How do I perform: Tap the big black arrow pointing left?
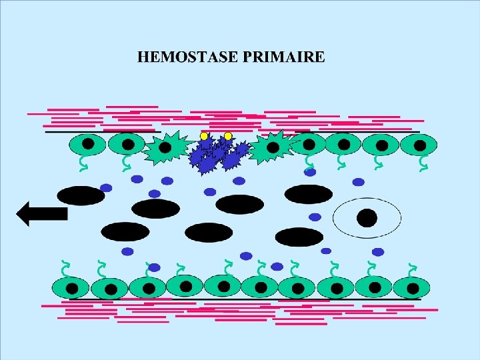(42, 213)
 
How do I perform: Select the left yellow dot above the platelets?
(204, 136)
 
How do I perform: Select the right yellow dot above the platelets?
(227, 136)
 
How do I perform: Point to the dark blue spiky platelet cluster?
(217, 154)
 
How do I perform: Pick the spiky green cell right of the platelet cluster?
(272, 147)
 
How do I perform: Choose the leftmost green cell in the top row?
(88, 144)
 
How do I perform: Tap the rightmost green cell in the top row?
(419, 144)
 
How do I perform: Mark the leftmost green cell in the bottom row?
(71, 288)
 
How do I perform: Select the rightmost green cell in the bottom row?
(411, 287)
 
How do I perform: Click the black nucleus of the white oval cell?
(367, 217)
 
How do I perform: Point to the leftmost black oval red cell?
(81, 195)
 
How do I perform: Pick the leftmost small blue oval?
(106, 188)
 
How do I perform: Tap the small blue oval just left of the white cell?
(315, 217)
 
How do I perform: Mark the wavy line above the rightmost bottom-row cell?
(412, 269)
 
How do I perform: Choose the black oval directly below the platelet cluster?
(239, 204)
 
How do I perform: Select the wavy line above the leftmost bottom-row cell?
(65, 269)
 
